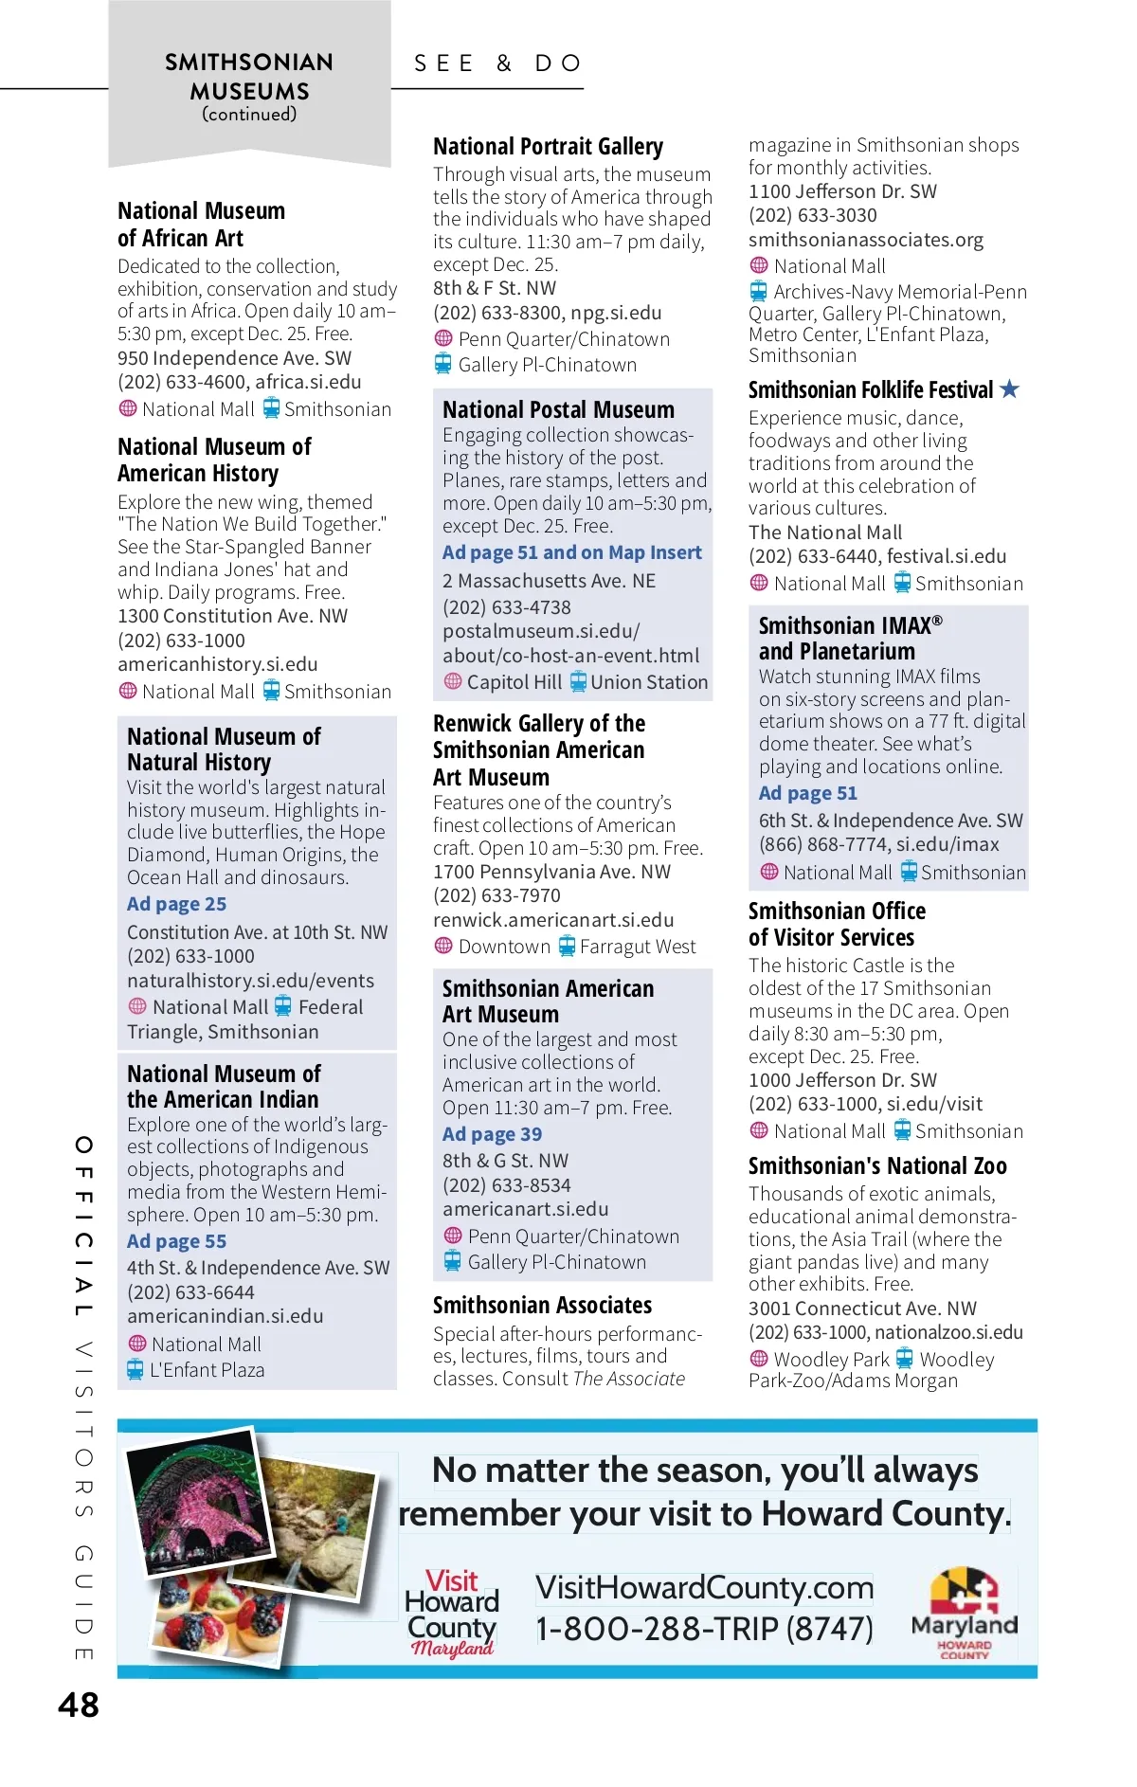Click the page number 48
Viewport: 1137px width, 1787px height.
click(x=79, y=1706)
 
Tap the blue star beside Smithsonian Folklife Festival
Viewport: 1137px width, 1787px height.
click(x=1010, y=388)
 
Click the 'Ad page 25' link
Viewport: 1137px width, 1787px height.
click(x=176, y=904)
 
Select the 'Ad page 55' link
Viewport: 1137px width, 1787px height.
click(x=176, y=1241)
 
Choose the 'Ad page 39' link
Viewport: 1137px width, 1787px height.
click(x=492, y=1134)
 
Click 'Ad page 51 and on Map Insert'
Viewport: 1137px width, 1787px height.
click(x=571, y=552)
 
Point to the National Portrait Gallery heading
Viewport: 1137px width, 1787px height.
click(x=548, y=147)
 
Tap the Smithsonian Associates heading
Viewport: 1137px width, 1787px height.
click(x=542, y=1306)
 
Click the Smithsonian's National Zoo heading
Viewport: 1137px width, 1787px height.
click(x=877, y=1166)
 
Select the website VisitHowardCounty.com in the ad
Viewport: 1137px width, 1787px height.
click(x=704, y=1588)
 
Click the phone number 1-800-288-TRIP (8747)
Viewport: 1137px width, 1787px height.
click(x=704, y=1630)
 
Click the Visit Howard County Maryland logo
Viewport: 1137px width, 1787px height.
click(x=452, y=1613)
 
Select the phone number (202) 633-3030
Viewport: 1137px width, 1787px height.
click(x=812, y=215)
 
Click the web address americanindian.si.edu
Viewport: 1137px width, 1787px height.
click(x=226, y=1316)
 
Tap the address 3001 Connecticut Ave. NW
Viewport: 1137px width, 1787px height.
click(x=862, y=1309)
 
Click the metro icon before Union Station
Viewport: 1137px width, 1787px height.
click(x=578, y=681)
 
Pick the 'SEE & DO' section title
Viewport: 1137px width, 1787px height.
click(x=498, y=63)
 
